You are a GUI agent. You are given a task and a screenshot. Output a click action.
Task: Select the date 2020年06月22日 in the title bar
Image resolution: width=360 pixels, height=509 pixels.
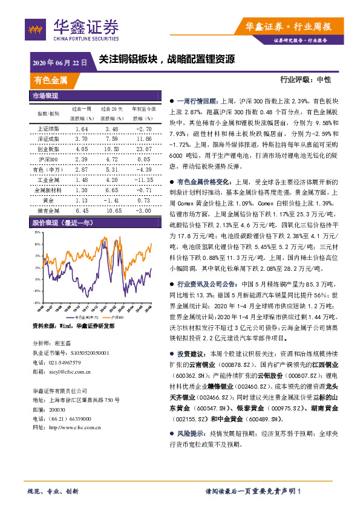tap(59, 62)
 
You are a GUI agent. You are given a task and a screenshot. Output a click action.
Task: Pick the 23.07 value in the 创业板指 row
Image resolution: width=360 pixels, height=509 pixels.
tap(143, 149)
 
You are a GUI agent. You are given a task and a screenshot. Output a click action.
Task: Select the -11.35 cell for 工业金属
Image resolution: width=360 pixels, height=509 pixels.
tap(143, 180)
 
